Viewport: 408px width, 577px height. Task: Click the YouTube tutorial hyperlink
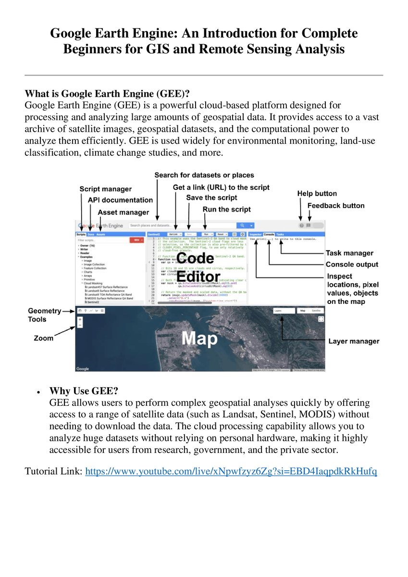(231, 471)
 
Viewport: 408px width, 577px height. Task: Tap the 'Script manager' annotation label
(105, 189)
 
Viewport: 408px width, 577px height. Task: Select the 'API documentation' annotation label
(120, 200)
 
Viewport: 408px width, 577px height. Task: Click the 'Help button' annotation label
(317, 193)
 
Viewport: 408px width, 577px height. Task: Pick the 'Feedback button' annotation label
(336, 205)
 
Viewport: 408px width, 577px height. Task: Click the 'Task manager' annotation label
(349, 253)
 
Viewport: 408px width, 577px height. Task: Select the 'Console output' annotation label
(352, 264)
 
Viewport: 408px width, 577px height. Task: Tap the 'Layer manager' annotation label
(354, 341)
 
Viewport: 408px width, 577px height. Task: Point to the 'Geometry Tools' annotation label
(44, 315)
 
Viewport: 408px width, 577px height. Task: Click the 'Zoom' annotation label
(43, 338)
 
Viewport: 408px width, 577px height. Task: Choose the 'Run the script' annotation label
(226, 209)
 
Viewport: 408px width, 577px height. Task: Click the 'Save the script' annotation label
(211, 198)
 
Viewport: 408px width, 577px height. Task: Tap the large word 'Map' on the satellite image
(199, 339)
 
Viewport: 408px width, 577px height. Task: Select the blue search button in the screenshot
(243, 225)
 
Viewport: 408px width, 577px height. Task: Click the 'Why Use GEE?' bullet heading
(84, 390)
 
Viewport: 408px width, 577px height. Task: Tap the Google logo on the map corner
(83, 369)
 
